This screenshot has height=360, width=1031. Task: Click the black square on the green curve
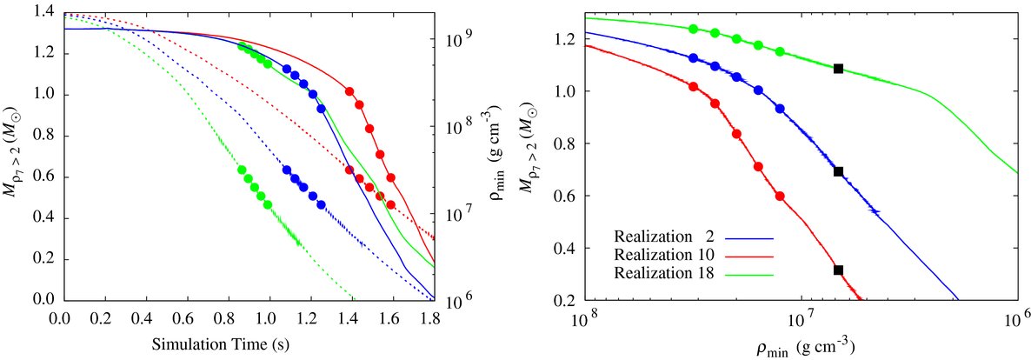838,69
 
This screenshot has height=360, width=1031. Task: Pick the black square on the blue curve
838,171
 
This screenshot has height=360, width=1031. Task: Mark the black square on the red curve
838,270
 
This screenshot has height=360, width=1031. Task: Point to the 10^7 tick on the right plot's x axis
801,319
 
